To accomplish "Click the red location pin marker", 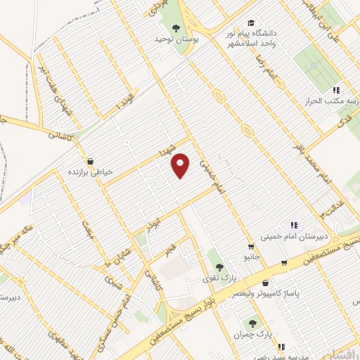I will pyautogui.click(x=181, y=165).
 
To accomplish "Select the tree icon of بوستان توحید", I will pyautogui.click(x=174, y=28).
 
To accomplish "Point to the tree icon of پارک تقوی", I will pyautogui.click(x=220, y=267).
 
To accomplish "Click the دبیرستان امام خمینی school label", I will pyautogui.click(x=290, y=237).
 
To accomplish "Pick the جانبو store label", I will pyautogui.click(x=251, y=257).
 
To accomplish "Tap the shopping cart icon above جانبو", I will pyautogui.click(x=251, y=247).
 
